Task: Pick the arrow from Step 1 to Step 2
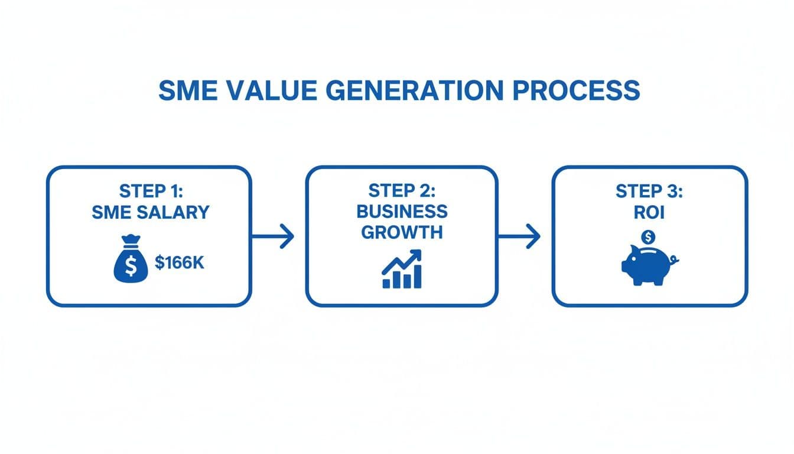273,236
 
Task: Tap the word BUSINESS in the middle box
401,211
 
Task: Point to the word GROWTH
401,232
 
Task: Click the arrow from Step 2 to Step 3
519,236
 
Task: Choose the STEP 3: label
648,192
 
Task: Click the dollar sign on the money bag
131,268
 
